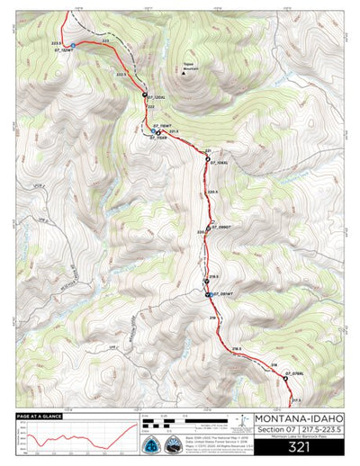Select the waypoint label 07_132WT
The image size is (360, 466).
(62, 51)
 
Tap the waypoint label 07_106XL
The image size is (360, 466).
(222, 163)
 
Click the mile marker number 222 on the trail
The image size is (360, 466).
(150, 106)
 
